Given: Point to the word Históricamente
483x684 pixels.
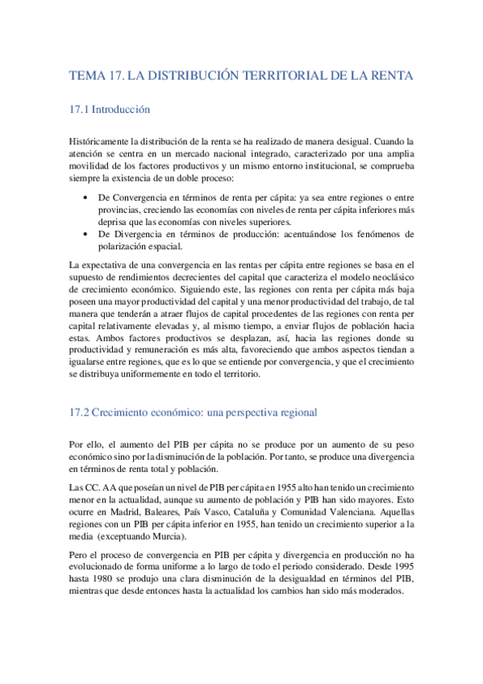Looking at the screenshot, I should tap(100, 141).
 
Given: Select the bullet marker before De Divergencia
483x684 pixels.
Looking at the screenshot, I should tap(86, 234).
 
